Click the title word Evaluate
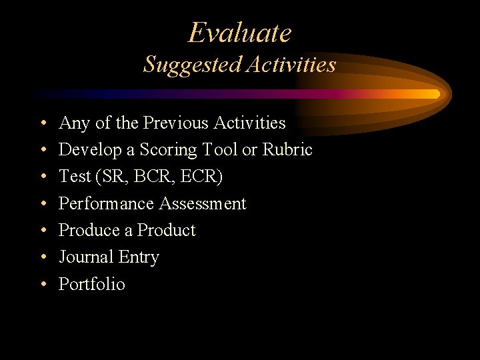240,33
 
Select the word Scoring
167,151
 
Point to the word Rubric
287,150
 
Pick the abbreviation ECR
205,177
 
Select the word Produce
89,230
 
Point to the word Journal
86,257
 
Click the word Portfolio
92,284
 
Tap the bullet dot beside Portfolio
43,285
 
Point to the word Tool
219,150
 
